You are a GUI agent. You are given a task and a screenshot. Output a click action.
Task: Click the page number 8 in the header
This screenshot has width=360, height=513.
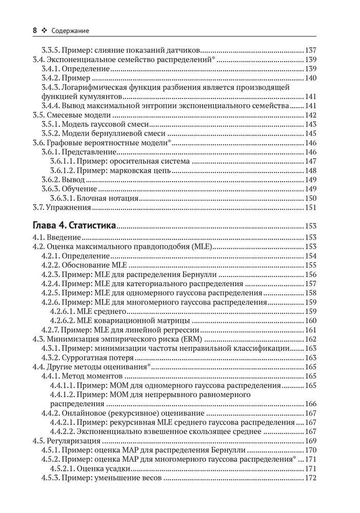(x=34, y=31)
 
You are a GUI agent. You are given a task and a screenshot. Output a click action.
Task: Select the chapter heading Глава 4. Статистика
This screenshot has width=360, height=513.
(x=74, y=226)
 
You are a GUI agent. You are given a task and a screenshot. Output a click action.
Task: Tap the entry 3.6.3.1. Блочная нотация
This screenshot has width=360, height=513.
(x=92, y=199)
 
